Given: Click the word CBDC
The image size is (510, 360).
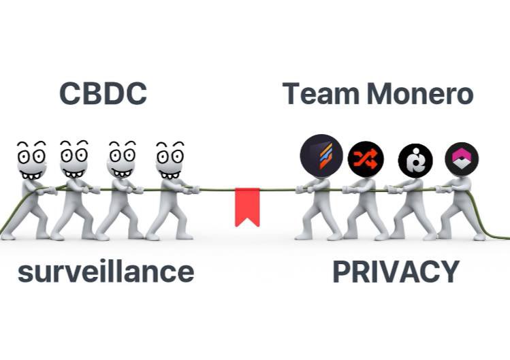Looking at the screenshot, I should click(x=103, y=94).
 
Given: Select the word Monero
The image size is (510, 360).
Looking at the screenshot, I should click(x=420, y=94).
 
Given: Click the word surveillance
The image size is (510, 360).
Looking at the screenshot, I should click(x=106, y=272).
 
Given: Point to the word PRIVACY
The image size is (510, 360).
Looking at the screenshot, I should click(x=396, y=272).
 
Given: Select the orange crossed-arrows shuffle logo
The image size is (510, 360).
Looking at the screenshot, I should click(x=366, y=159).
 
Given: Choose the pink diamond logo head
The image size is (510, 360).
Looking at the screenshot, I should click(x=462, y=159).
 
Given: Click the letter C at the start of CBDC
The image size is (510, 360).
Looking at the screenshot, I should click(x=71, y=94).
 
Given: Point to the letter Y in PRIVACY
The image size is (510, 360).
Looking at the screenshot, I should click(x=449, y=272).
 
